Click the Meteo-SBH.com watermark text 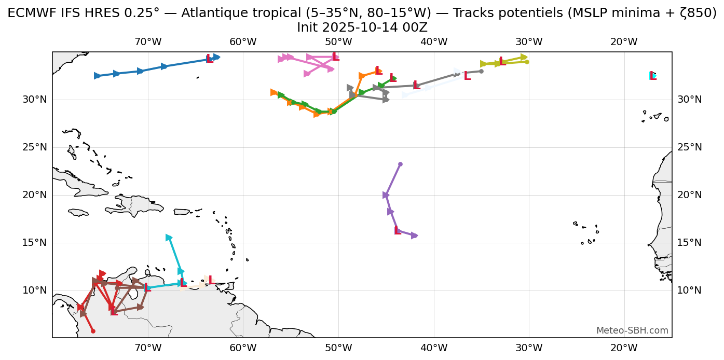632,330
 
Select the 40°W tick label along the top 434,42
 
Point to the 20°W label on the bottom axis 624,347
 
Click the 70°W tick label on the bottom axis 148,347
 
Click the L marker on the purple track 398,231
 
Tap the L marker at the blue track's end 209,59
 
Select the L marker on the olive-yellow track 502,62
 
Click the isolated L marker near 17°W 652,76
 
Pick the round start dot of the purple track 400,164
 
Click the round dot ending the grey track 481,71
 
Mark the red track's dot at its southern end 93,331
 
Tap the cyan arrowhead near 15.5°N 169,238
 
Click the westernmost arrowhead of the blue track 97,76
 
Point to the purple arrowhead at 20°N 386,195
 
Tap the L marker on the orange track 379,71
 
